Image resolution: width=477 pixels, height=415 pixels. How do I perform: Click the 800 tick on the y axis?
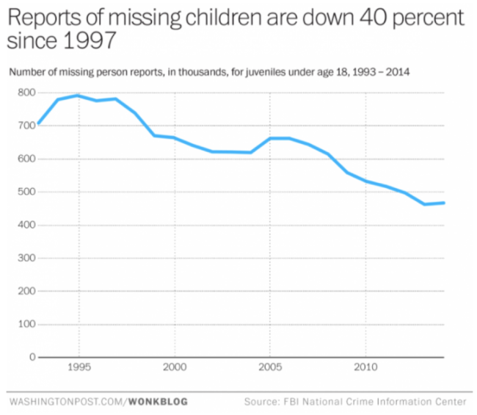coord(26,93)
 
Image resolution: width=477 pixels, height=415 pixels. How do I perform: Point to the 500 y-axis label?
coord(26,192)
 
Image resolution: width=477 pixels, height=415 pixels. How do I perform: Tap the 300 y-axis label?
coord(26,259)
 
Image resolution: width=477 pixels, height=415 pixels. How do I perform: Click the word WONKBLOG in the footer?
coord(159,402)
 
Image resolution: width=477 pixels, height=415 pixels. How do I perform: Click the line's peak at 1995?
coord(77,95)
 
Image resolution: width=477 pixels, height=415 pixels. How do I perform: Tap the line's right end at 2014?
coord(444,203)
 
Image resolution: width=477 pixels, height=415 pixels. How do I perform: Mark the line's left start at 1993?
coord(38,123)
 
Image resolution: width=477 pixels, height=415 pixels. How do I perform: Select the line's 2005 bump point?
coord(271,138)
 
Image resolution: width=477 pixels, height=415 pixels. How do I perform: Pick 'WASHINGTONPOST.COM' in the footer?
coord(67,402)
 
